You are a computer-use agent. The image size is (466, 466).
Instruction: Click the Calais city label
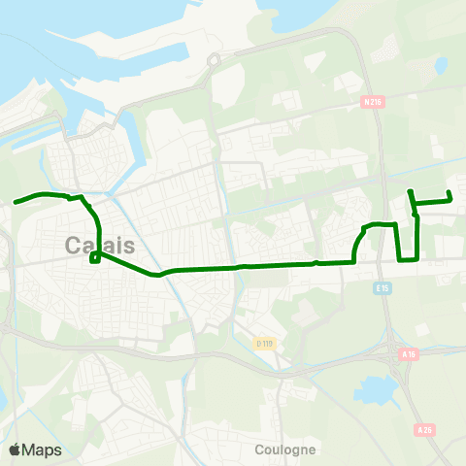[x=100, y=246]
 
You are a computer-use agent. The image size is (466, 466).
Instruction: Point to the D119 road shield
[x=263, y=343]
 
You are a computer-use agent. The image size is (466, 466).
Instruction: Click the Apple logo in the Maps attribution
[x=15, y=449]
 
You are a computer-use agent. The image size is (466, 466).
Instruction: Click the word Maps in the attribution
[x=42, y=449]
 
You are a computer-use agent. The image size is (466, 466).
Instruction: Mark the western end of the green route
[x=16, y=203]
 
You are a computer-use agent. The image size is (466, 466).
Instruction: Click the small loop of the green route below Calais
[x=94, y=258]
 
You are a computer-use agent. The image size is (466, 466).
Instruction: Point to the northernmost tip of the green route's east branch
[x=411, y=191]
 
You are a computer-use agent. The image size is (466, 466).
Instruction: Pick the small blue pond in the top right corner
[x=442, y=66]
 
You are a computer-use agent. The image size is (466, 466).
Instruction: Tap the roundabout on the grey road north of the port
[x=214, y=60]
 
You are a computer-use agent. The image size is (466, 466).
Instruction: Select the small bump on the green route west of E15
[x=316, y=262]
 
